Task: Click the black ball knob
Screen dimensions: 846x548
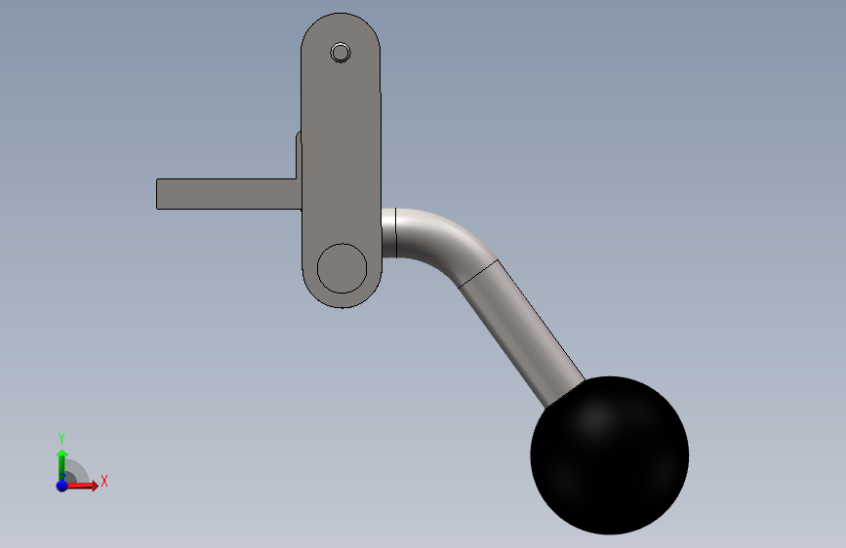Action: [610, 455]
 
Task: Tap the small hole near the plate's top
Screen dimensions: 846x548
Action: [341, 53]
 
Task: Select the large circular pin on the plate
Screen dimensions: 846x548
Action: [342, 268]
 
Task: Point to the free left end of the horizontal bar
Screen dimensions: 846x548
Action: [157, 194]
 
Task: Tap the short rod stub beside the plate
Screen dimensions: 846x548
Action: [389, 233]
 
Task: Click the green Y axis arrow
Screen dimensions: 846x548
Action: [61, 465]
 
